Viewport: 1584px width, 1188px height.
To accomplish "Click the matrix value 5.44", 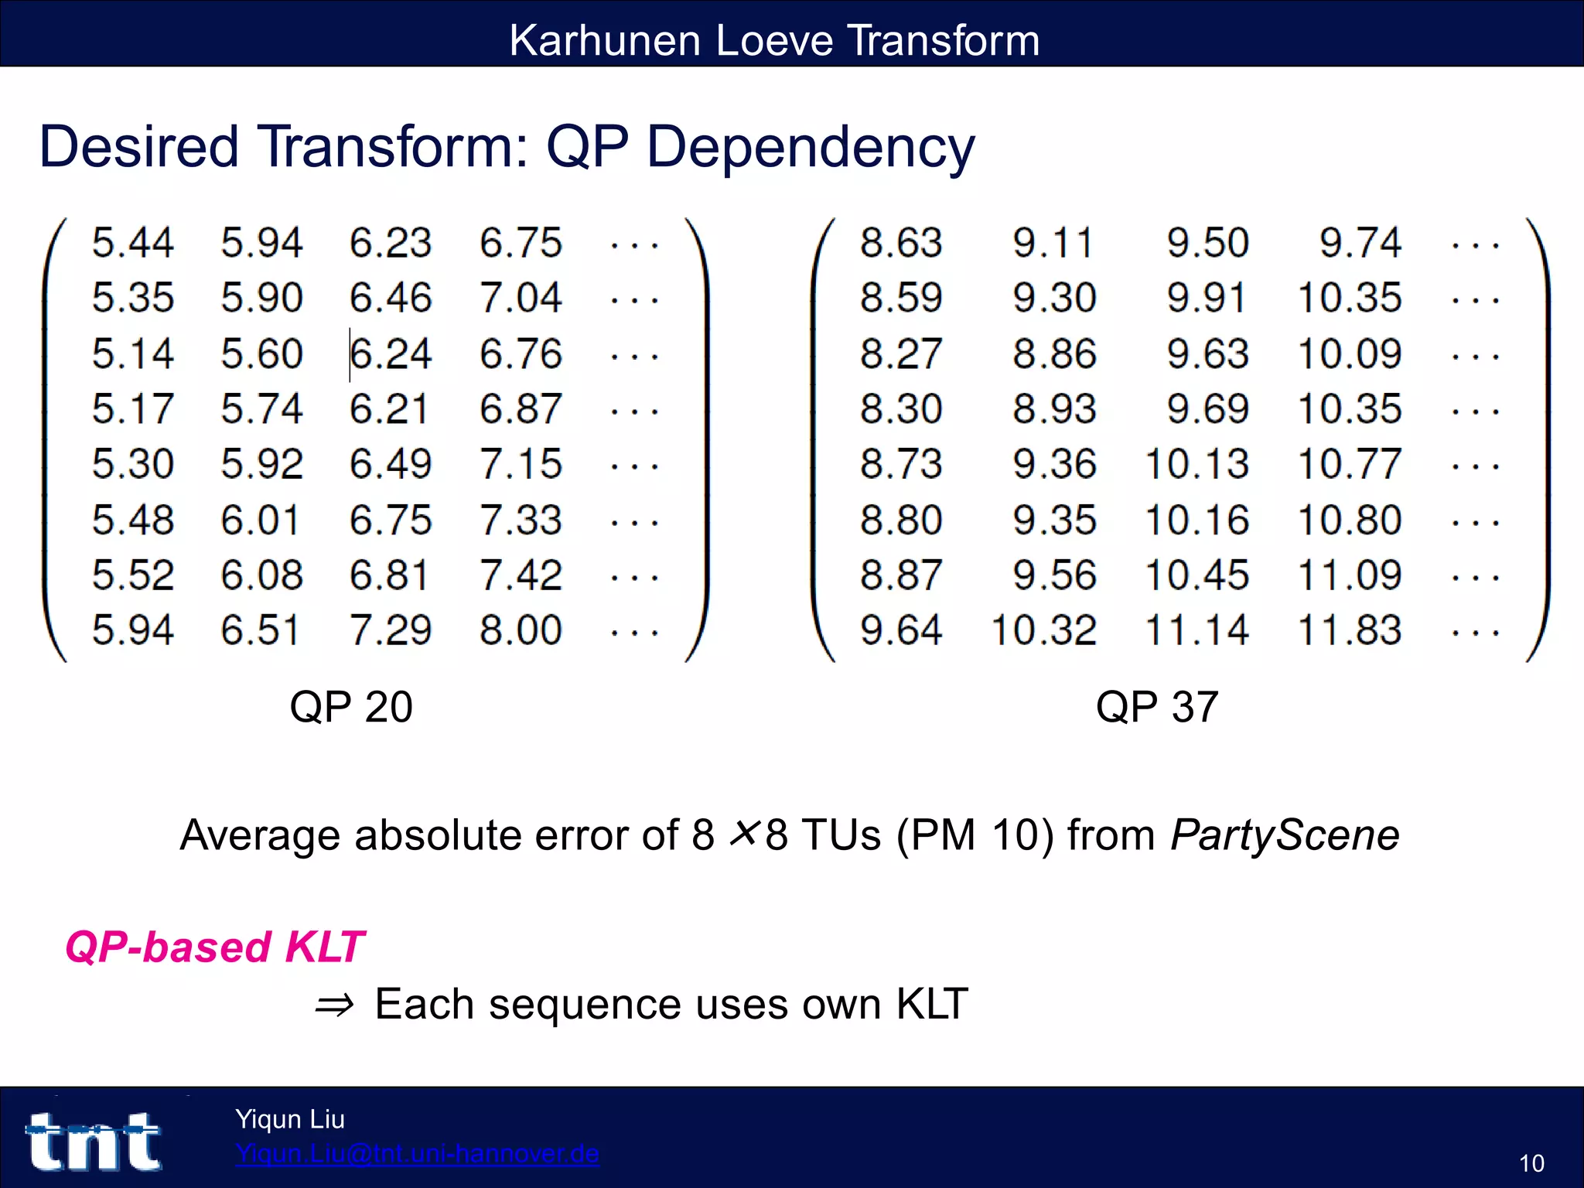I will pos(133,243).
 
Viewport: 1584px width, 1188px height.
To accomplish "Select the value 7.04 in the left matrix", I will pos(521,299).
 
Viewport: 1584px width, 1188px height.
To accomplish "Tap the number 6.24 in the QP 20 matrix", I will pos(391,354).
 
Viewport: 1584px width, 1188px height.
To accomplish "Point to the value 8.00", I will pos(521,630).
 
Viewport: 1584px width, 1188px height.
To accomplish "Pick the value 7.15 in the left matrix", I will pos(521,465).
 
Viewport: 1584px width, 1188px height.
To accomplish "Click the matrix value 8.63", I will pos(901,243).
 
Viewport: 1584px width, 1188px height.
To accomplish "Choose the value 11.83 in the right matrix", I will pos(1350,630).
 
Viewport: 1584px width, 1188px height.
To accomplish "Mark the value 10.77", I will pos(1350,465).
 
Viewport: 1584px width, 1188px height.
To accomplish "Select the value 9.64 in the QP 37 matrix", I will pos(901,630).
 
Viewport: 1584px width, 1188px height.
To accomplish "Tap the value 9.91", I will pos(1207,299).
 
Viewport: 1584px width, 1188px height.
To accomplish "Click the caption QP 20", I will pos(351,707).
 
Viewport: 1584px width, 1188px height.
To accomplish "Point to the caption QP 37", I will pos(1157,707).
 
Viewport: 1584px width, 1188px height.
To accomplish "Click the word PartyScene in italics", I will pos(1285,835).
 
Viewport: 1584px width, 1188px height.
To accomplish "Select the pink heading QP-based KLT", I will pos(214,947).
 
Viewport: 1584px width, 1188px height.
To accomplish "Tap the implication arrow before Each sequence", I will pos(335,1005).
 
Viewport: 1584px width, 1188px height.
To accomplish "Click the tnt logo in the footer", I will pos(94,1142).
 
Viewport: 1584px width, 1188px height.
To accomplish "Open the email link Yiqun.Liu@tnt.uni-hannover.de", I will pos(417,1153).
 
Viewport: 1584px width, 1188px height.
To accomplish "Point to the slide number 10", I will pos(1531,1163).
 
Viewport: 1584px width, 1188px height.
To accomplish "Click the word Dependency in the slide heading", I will pos(810,147).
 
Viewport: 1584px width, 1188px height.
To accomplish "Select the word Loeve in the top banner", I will pos(774,40).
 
